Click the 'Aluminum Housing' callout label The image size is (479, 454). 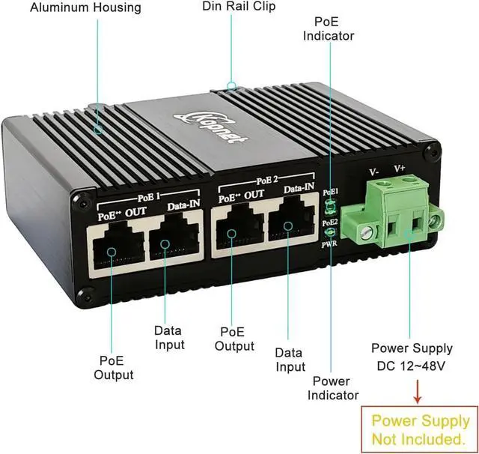click(x=85, y=7)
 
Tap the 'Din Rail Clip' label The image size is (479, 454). click(x=239, y=7)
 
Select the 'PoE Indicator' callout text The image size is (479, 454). click(x=329, y=28)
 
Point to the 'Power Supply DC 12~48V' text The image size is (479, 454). click(x=412, y=357)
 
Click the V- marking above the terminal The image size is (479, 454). click(x=374, y=172)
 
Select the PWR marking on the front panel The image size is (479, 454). click(x=329, y=243)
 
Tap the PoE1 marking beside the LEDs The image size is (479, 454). click(x=329, y=193)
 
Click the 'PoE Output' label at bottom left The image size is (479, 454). click(x=114, y=368)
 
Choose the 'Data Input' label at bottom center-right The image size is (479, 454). click(x=290, y=359)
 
